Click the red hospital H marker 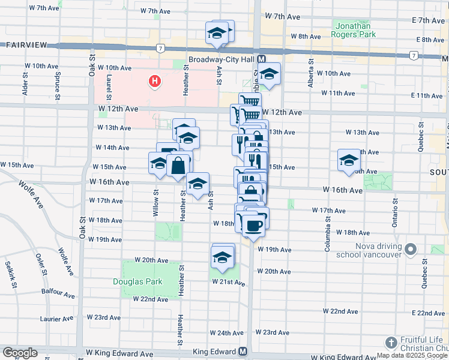[155, 81]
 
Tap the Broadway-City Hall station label [222, 60]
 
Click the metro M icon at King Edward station [243, 352]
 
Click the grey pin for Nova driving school [411, 248]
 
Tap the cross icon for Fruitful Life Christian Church [390, 342]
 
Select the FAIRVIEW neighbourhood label [22, 45]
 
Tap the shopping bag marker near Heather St [178, 166]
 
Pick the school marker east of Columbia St [349, 160]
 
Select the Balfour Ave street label [58, 292]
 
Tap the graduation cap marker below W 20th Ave [223, 258]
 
